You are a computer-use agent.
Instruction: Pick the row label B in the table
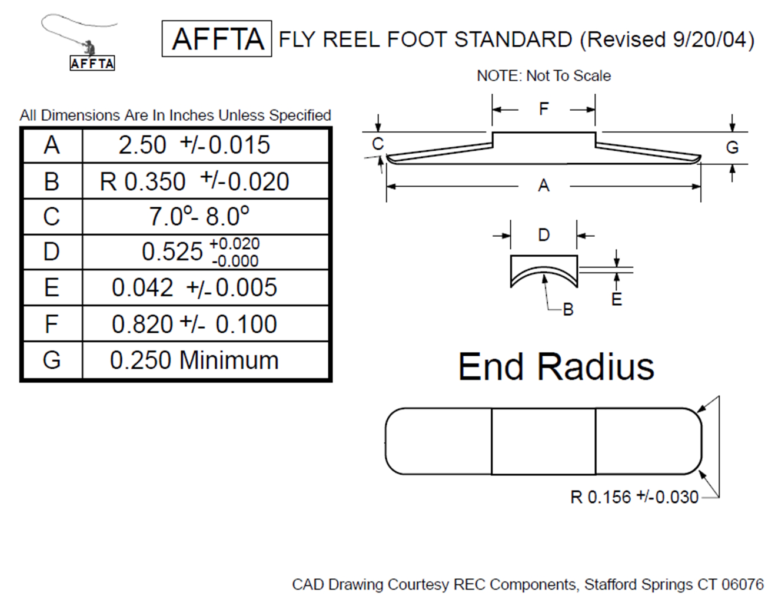coord(52,181)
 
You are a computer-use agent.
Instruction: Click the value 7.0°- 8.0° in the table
coord(199,216)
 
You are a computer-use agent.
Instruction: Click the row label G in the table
coord(52,360)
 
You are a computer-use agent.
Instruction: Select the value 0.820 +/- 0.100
coord(194,324)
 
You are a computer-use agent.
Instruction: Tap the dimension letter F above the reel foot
coord(544,109)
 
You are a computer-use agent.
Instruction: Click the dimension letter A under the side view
coord(544,186)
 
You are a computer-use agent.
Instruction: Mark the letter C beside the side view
coord(378,144)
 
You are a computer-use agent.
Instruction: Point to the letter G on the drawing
coord(732,147)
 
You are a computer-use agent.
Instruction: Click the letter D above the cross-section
coord(544,235)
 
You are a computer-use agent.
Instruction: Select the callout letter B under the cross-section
coord(568,309)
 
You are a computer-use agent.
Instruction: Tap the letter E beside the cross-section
coord(617,299)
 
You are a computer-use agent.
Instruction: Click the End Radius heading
coord(556,367)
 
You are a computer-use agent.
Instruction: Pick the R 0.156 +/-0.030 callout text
coord(634,497)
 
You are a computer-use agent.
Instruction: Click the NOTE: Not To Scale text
coord(544,76)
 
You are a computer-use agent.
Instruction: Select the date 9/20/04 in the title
coord(710,39)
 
